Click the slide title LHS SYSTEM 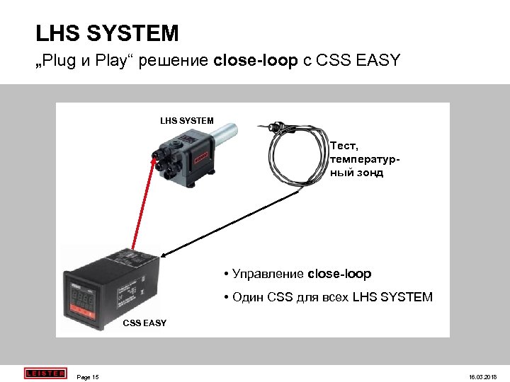click(x=107, y=33)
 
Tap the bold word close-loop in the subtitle click(x=256, y=61)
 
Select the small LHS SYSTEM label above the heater click(x=186, y=121)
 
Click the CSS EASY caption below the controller click(x=144, y=323)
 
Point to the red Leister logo click(x=45, y=374)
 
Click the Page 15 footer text click(x=88, y=377)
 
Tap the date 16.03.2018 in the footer click(x=484, y=377)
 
